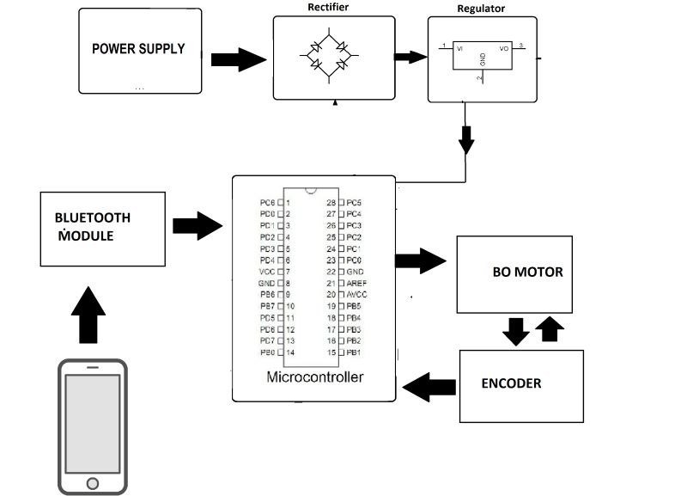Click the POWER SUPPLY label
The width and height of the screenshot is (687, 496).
(138, 49)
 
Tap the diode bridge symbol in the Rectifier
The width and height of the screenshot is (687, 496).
(328, 54)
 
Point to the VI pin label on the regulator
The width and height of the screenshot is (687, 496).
(460, 49)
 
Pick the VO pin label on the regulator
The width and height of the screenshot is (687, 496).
(504, 49)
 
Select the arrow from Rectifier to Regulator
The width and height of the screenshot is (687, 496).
(410, 57)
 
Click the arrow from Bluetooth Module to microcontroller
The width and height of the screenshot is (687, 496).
(198, 227)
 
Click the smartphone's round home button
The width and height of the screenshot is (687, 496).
(92, 484)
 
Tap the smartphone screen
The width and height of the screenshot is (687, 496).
(92, 422)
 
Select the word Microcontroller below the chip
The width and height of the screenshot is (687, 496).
(315, 377)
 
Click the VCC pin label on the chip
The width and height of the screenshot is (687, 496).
(267, 272)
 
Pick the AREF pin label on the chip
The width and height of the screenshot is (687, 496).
(356, 283)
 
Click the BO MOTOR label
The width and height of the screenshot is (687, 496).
(527, 272)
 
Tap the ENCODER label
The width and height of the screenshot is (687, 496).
(511, 383)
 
